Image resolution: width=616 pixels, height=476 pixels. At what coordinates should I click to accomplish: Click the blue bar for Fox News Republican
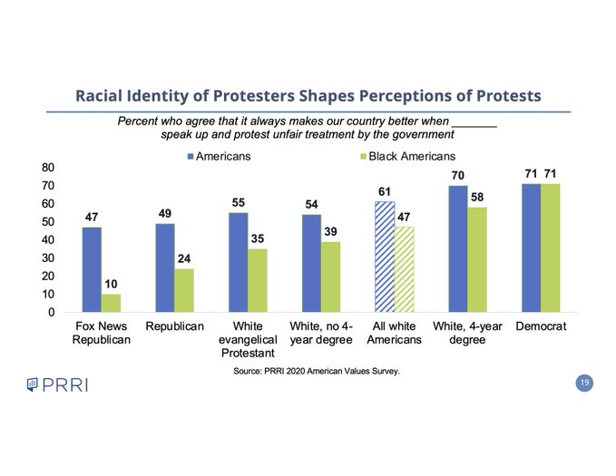pyautogui.click(x=92, y=269)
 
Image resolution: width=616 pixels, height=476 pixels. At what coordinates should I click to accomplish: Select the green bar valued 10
pyautogui.click(x=111, y=303)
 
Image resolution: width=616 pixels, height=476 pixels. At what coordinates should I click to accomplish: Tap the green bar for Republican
pyautogui.click(x=184, y=290)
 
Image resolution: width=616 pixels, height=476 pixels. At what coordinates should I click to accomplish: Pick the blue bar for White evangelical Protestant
pyautogui.click(x=239, y=263)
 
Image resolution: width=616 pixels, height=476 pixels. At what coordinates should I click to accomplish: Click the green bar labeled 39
pyautogui.click(x=332, y=277)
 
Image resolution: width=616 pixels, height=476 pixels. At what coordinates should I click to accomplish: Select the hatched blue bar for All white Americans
pyautogui.click(x=386, y=257)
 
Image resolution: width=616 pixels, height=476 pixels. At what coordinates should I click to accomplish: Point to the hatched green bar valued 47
pyautogui.click(x=405, y=269)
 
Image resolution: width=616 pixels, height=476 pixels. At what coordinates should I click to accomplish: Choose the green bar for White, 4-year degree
pyautogui.click(x=477, y=259)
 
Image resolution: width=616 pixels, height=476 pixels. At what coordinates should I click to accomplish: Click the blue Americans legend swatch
pyautogui.click(x=191, y=157)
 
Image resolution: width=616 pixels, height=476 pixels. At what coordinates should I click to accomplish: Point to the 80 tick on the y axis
pyautogui.click(x=47, y=168)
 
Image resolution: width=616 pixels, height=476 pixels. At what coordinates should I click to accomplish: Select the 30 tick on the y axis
pyautogui.click(x=47, y=258)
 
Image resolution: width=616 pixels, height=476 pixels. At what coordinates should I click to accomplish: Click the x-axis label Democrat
pyautogui.click(x=541, y=325)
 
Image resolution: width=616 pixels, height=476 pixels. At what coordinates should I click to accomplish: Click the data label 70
pyautogui.click(x=458, y=173)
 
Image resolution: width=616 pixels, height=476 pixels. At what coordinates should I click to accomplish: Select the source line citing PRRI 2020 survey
pyautogui.click(x=317, y=371)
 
